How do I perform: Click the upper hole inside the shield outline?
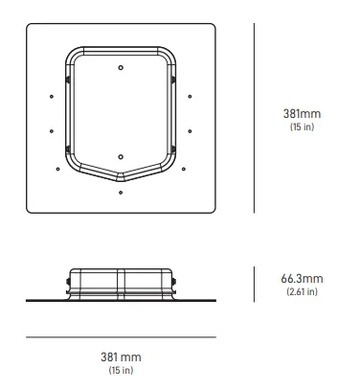pyautogui.click(x=120, y=67)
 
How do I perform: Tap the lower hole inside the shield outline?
pyautogui.click(x=120, y=155)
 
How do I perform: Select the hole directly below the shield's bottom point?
pyautogui.click(x=120, y=192)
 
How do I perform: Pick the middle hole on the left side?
pyautogui.click(x=48, y=131)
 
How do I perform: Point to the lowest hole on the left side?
pyautogui.click(x=57, y=170)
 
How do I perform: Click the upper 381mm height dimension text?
pyautogui.click(x=302, y=114)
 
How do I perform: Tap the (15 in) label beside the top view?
pyautogui.click(x=302, y=127)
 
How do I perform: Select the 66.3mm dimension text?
pyautogui.click(x=302, y=278)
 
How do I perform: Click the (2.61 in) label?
pyautogui.click(x=302, y=291)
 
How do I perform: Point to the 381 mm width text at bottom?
pyautogui.click(x=121, y=356)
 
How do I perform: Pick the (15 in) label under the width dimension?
pyautogui.click(x=121, y=370)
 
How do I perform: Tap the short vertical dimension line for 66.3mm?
pyautogui.click(x=254, y=283)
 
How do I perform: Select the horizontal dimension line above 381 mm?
pyautogui.click(x=121, y=336)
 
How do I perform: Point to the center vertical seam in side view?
pyautogui.click(x=120, y=283)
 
